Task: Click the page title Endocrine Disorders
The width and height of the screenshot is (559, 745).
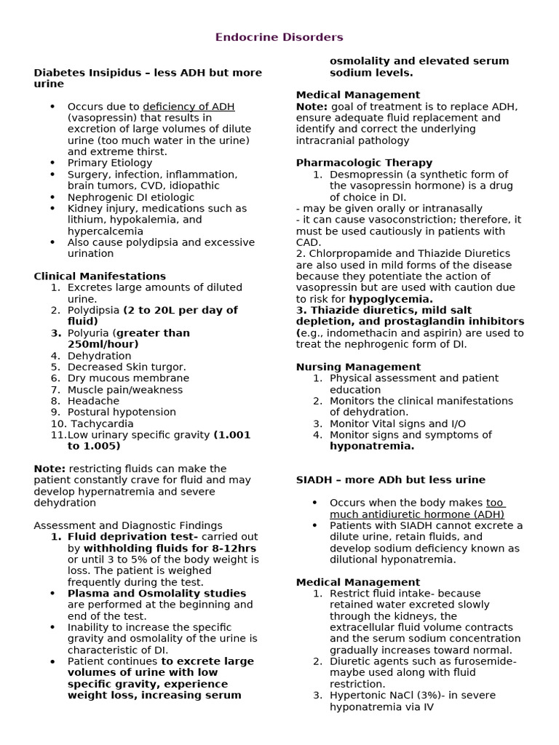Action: (279, 37)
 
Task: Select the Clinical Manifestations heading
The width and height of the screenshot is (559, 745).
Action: (100, 276)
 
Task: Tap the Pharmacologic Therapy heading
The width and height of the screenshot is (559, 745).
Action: (364, 163)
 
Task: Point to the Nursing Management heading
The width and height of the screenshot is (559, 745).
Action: (358, 367)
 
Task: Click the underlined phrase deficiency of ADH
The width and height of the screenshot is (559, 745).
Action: (189, 106)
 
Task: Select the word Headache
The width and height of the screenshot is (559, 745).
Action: (93, 401)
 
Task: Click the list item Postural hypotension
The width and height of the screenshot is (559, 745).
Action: (122, 412)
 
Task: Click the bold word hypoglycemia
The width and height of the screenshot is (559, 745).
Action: (391, 299)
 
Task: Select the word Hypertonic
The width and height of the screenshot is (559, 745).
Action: (357, 695)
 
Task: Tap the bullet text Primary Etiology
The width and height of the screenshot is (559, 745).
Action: (110, 163)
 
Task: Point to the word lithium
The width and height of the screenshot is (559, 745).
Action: (86, 220)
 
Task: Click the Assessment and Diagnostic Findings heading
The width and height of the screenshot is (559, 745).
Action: (128, 525)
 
